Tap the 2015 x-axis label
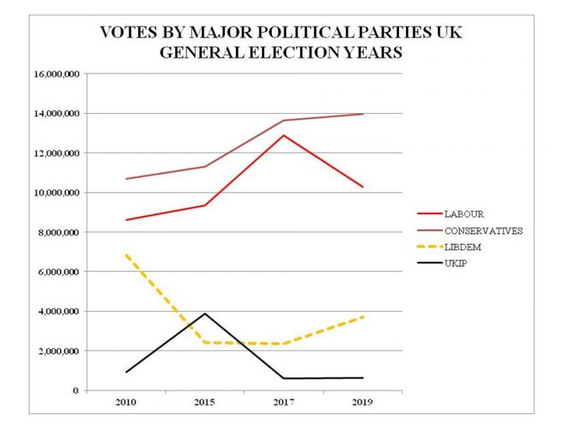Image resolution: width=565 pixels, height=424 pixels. (x=204, y=401)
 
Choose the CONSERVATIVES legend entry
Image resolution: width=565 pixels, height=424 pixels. (x=483, y=230)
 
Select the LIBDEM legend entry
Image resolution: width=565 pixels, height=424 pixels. (x=460, y=248)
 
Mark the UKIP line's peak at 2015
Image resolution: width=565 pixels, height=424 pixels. (x=204, y=313)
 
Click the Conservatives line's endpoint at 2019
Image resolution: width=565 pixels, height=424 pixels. (x=363, y=114)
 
